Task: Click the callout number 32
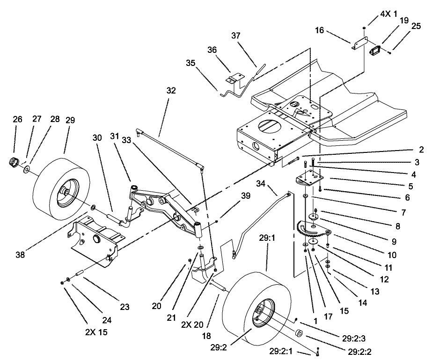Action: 171,91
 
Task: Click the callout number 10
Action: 391,255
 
